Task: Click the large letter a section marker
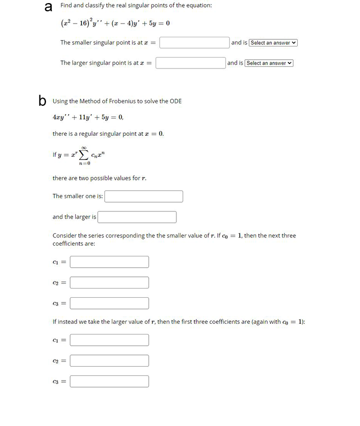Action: (49, 7)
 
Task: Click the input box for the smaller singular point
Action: (194, 43)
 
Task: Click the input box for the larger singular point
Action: (190, 63)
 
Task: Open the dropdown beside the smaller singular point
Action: (273, 43)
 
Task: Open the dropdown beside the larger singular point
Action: (269, 63)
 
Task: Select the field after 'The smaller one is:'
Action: (144, 196)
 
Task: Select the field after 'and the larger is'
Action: (137, 217)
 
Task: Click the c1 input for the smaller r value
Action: (109, 262)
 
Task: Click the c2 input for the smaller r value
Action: (109, 282)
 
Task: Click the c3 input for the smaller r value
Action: (109, 303)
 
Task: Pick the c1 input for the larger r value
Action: (109, 340)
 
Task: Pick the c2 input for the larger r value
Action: (109, 361)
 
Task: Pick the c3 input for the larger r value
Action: (109, 381)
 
